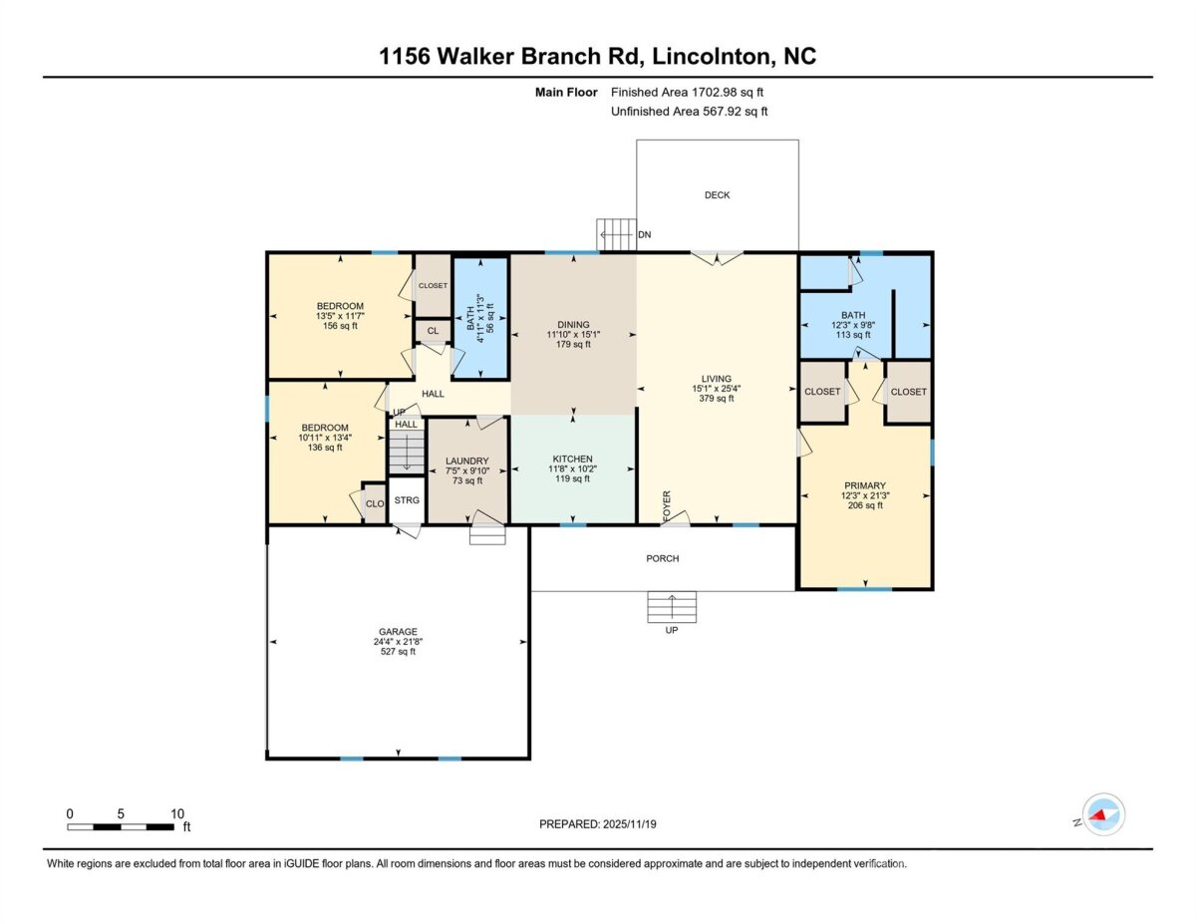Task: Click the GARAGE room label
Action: pyautogui.click(x=398, y=631)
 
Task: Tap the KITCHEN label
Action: pyautogui.click(x=572, y=459)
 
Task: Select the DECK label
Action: pyautogui.click(x=718, y=194)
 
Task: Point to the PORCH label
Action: pyautogui.click(x=662, y=558)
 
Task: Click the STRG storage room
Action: pyautogui.click(x=407, y=500)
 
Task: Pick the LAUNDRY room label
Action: pyautogui.click(x=466, y=461)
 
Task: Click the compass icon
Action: pyautogui.click(x=1103, y=814)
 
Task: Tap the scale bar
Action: pyautogui.click(x=121, y=826)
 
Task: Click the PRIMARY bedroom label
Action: pyautogui.click(x=865, y=485)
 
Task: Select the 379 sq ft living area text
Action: pyautogui.click(x=716, y=398)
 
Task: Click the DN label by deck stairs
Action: pyautogui.click(x=645, y=234)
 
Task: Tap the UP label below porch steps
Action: pyautogui.click(x=672, y=630)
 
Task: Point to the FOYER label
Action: pyautogui.click(x=667, y=505)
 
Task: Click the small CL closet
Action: pyautogui.click(x=433, y=331)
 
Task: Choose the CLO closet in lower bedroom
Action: pyautogui.click(x=375, y=503)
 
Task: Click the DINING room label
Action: pyautogui.click(x=573, y=325)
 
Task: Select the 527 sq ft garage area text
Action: pyautogui.click(x=398, y=651)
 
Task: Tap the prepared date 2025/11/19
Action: pyautogui.click(x=630, y=824)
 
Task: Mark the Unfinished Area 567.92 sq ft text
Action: pyautogui.click(x=689, y=112)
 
